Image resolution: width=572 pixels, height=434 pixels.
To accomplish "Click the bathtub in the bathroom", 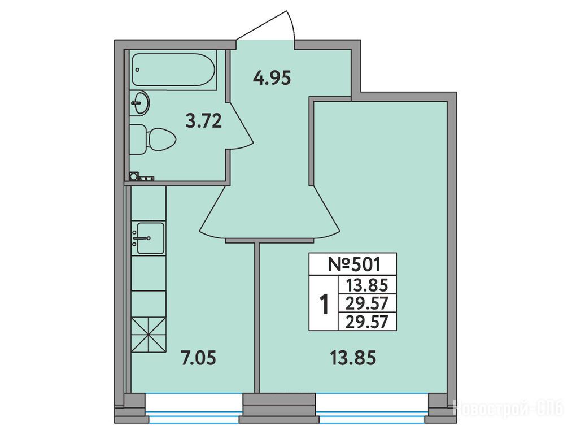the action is [173, 70].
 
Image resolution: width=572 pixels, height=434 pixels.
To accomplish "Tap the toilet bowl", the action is [153, 139].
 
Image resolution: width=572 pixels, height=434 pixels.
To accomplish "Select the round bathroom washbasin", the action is [140, 103].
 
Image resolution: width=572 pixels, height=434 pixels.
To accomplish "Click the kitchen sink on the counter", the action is [150, 238].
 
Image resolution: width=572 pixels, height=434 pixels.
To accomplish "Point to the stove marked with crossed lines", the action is [149, 335].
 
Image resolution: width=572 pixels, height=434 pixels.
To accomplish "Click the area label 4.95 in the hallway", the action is [272, 78].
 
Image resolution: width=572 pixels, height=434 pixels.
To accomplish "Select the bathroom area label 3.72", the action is [203, 121].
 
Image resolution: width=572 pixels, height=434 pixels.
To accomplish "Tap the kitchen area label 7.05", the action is [198, 358].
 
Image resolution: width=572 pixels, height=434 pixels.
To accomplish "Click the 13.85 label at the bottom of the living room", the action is [353, 358].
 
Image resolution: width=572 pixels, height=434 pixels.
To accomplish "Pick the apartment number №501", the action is [353, 264].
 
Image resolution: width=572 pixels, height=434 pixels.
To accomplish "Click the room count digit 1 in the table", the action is [324, 305].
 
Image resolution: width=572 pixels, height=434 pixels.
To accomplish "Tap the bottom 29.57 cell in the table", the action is [366, 322].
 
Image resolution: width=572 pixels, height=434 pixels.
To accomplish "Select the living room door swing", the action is [326, 212].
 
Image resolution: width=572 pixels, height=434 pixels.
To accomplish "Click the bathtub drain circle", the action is [137, 70].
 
